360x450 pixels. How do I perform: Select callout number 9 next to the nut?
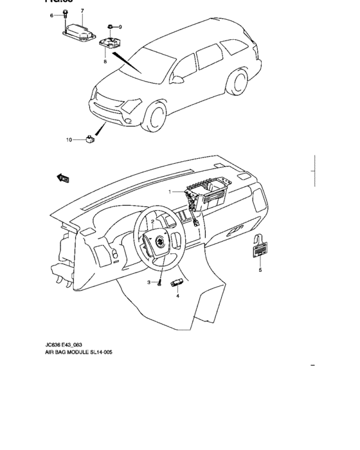(120, 26)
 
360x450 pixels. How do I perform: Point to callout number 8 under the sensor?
(105, 62)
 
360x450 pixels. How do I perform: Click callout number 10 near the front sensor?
(69, 139)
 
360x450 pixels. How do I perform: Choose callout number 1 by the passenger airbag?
(170, 192)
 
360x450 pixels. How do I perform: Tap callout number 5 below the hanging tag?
(260, 271)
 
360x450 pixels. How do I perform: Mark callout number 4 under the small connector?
(178, 296)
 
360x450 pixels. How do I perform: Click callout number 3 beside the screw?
(148, 283)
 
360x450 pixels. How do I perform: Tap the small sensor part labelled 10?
(89, 137)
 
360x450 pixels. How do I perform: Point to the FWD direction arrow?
(63, 178)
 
